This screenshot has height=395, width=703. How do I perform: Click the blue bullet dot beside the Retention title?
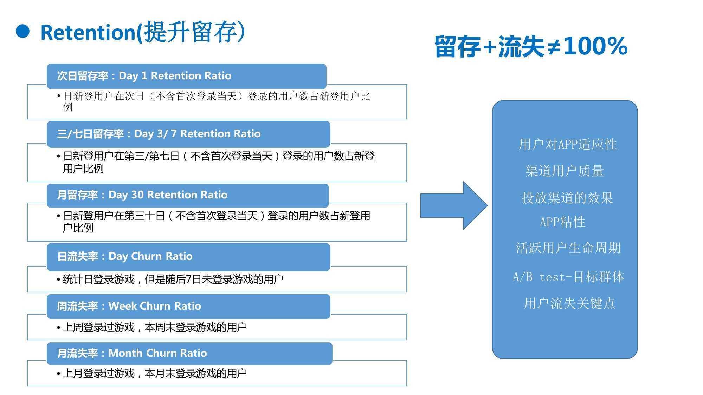(23, 31)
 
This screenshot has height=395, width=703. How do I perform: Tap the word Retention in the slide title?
(88, 32)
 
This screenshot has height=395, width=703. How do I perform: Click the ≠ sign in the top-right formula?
(554, 47)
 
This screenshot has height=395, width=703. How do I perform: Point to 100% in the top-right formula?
(595, 46)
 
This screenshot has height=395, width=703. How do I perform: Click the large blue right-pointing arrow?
(454, 206)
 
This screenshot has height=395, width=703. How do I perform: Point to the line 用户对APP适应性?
(568, 144)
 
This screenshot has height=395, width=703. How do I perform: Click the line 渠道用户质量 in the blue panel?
(565, 171)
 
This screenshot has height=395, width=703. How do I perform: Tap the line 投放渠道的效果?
(567, 198)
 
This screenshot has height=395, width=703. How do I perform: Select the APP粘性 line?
(562, 222)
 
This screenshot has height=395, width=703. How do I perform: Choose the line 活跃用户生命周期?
(568, 248)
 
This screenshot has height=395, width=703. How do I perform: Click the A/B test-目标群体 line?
(568, 277)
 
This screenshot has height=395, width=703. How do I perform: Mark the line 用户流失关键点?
(569, 303)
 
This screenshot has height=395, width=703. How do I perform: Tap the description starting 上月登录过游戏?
(155, 373)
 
